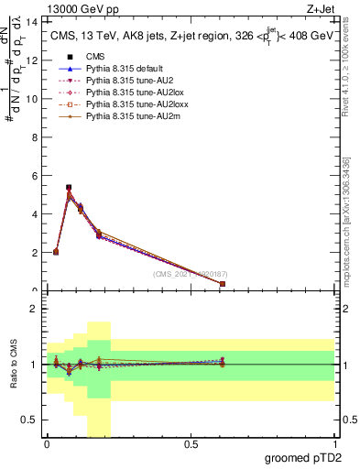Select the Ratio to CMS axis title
click(x=14, y=365)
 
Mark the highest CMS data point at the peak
click(x=69, y=187)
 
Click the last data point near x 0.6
click(x=223, y=284)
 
